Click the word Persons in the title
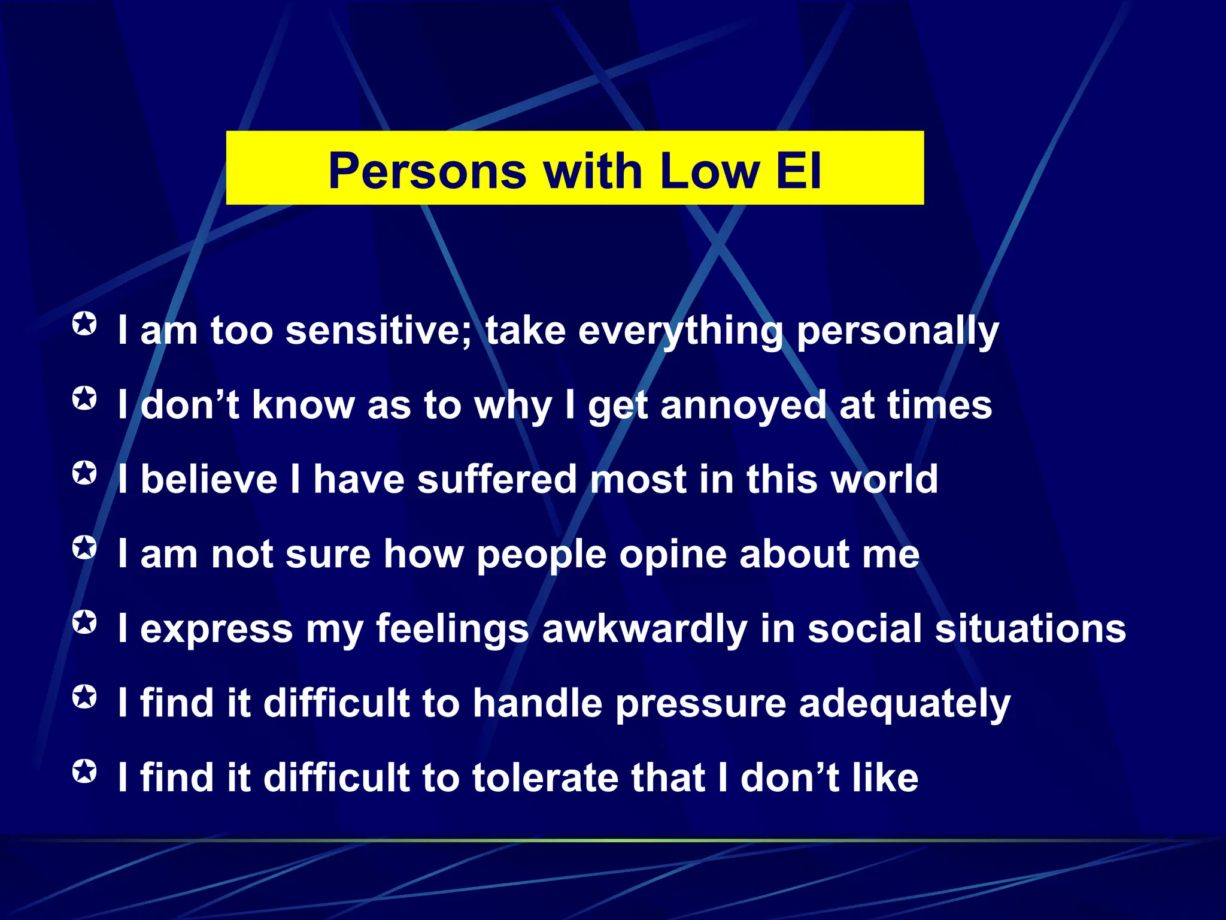pyautogui.click(x=427, y=171)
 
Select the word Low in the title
pyautogui.click(x=709, y=171)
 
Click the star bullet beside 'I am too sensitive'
pyautogui.click(x=84, y=324)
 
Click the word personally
pyautogui.click(x=897, y=332)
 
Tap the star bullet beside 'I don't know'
pyautogui.click(x=84, y=398)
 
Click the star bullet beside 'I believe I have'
pyautogui.click(x=84, y=473)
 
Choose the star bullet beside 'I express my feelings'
pyautogui.click(x=84, y=622)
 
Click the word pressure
pyautogui.click(x=700, y=704)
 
